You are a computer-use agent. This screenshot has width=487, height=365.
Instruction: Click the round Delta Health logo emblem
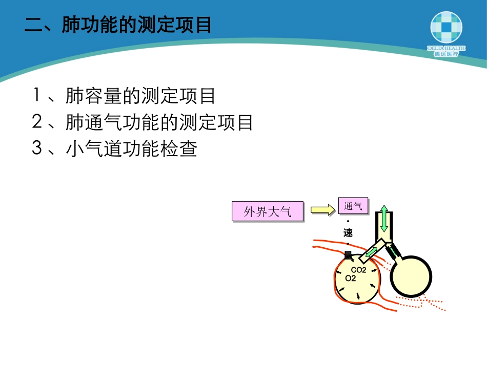[x=446, y=27]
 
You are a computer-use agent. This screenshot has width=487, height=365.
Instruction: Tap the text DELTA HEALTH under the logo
[x=446, y=48]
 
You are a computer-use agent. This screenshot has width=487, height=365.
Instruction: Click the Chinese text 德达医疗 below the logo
[x=446, y=54]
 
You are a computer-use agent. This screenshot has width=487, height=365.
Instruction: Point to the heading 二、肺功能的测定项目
[x=118, y=25]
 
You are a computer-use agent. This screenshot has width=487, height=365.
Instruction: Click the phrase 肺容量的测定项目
[x=140, y=96]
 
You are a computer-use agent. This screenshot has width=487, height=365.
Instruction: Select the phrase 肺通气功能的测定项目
[x=159, y=122]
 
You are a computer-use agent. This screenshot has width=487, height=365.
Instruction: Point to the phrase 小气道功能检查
[x=131, y=149]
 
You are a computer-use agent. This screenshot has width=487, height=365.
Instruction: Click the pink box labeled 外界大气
[x=267, y=211]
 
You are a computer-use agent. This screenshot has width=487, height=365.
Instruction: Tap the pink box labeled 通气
[x=353, y=206]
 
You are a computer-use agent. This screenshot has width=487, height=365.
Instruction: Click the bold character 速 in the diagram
[x=348, y=233]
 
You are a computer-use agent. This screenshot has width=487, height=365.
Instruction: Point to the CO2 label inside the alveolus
[x=358, y=270]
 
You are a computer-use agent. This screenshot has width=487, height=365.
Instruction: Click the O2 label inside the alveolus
[x=351, y=278]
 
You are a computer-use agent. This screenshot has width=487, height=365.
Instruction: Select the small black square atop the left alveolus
[x=348, y=254]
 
